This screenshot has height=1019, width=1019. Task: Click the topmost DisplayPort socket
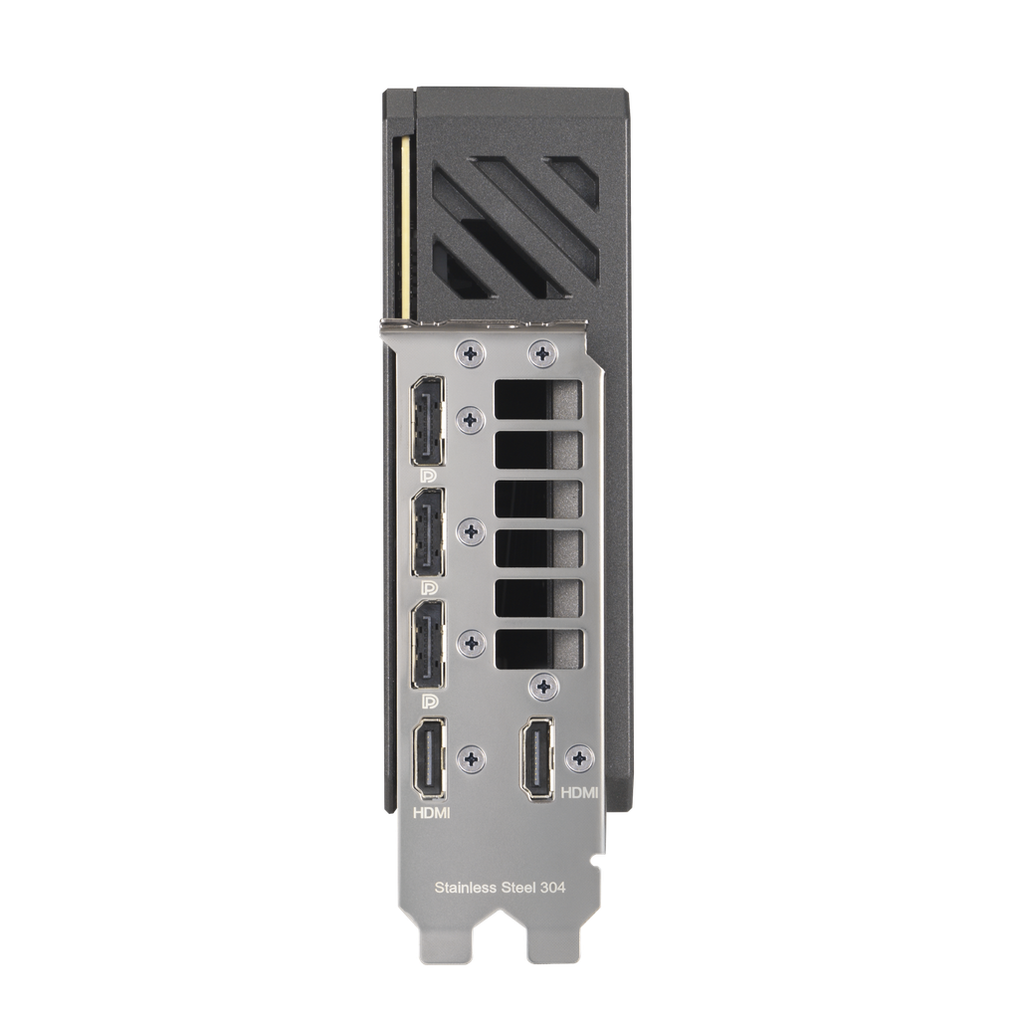(429, 420)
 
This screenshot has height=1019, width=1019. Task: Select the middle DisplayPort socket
(429, 532)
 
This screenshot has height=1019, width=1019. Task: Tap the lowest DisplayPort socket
(429, 645)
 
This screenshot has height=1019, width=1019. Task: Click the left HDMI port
(429, 758)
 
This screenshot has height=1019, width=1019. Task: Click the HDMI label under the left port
(431, 813)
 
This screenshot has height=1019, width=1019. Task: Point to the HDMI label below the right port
(579, 793)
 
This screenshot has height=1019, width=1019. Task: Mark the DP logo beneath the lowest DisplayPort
(429, 702)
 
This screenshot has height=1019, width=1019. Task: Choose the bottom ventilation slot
(538, 647)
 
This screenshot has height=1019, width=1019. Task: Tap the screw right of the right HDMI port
(579, 758)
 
